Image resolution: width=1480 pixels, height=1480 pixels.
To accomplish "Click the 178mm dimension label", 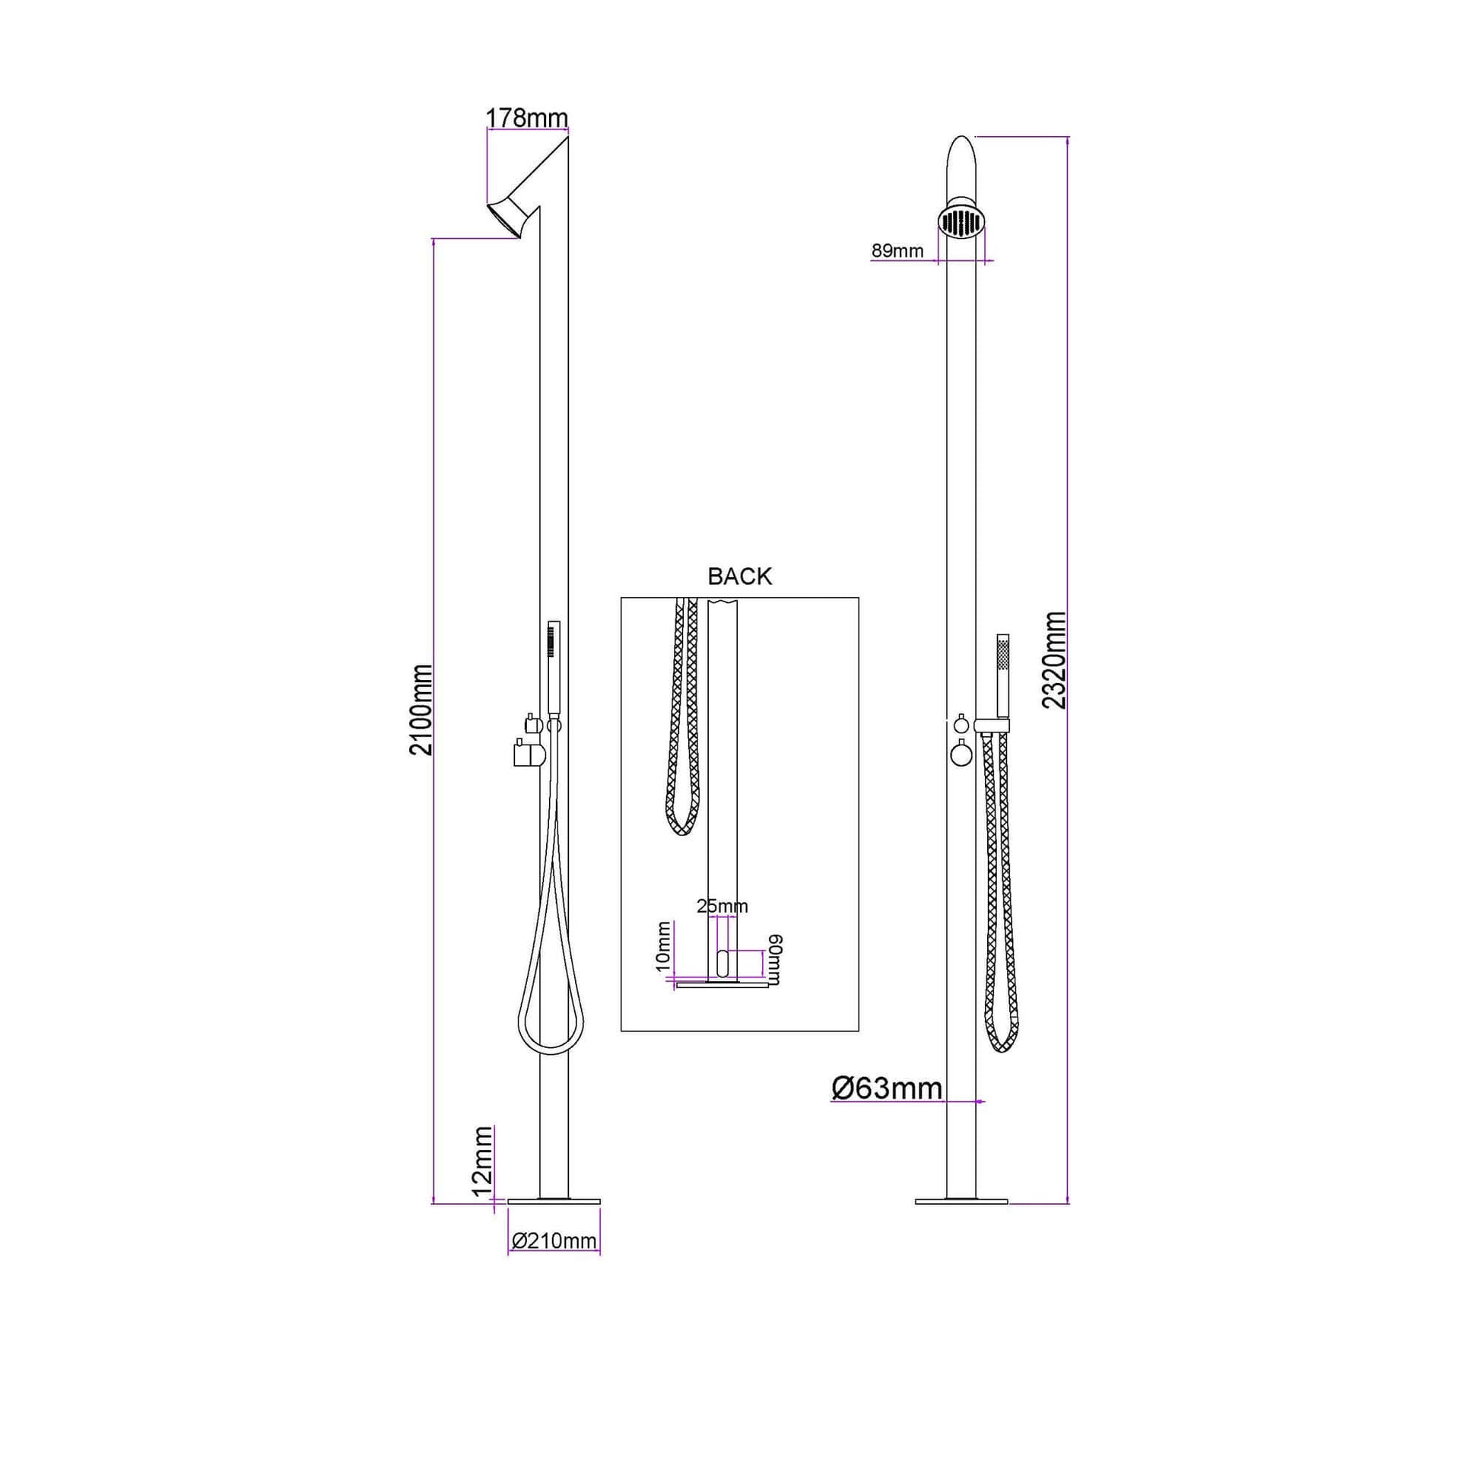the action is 527,118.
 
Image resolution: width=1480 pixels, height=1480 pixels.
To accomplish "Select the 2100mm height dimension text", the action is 421,710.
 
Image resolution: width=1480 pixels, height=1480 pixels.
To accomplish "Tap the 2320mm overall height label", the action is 1055,660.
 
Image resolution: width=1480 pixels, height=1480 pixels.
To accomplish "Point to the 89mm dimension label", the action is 897,251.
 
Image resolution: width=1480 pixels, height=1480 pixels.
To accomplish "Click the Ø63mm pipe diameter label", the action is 886,1088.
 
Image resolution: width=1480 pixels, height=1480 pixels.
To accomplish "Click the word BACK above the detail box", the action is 739,576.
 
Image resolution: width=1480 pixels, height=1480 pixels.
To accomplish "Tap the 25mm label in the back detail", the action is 722,907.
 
